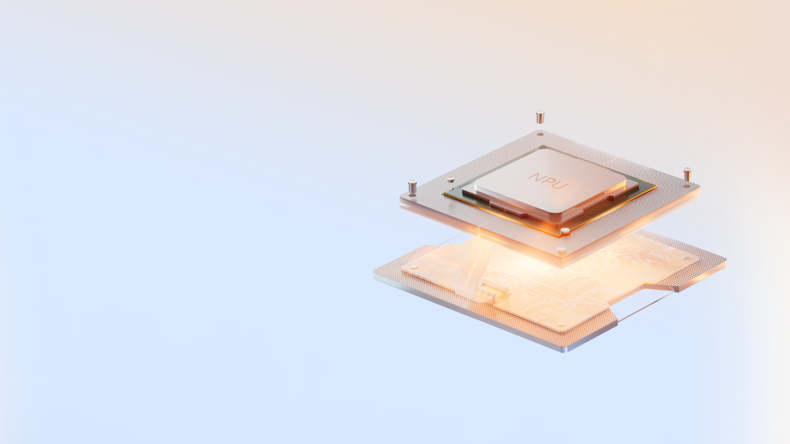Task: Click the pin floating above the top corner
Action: point(540,117)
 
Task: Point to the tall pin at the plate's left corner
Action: point(412,187)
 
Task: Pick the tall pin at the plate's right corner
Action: point(687,175)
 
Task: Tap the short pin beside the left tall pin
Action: point(450,180)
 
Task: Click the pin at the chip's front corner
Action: point(565,231)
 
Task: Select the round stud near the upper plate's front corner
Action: point(561,250)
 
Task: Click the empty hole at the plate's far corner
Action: point(540,134)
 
